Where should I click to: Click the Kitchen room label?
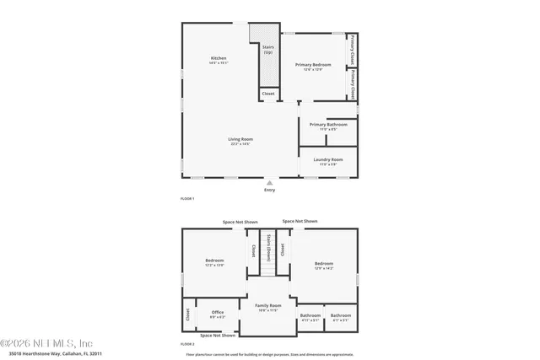[x=219, y=58]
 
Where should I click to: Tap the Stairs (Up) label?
[x=268, y=50]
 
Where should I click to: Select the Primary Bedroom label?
[x=313, y=65]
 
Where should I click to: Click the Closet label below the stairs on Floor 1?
[x=268, y=94]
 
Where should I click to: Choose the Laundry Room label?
[x=327, y=159]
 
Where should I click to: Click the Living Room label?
[x=240, y=139]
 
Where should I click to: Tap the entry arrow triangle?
[x=270, y=182]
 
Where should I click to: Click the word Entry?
[x=270, y=190]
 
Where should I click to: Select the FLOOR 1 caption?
[x=187, y=198]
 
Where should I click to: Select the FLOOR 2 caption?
[x=187, y=345]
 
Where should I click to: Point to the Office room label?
[x=218, y=313]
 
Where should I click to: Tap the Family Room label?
[x=267, y=305]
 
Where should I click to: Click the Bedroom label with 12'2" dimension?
[x=214, y=261]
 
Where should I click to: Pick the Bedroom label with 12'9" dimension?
[x=324, y=263]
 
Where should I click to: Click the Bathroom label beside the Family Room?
[x=310, y=316]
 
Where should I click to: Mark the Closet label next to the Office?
[x=187, y=315]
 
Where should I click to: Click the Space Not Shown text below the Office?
[x=218, y=336]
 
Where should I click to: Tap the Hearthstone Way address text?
[x=56, y=354]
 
